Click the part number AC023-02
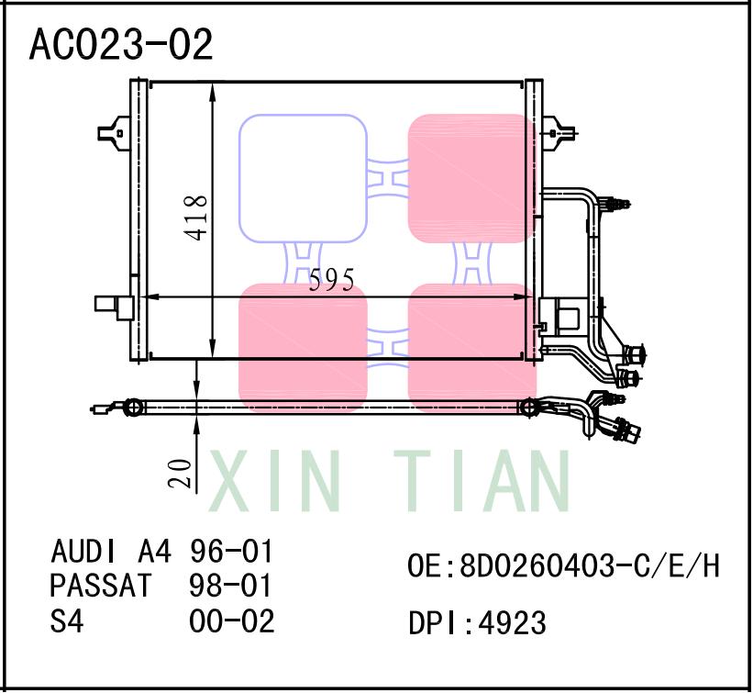[122, 44]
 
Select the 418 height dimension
[195, 218]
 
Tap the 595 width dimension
[331, 281]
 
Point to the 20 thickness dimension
[182, 473]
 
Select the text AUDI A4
[110, 553]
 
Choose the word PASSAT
[100, 587]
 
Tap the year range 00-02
[231, 621]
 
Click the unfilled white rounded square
[303, 179]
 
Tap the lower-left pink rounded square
[303, 347]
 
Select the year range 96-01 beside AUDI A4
[231, 553]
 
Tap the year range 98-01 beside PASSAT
[231, 587]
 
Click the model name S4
[67, 621]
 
